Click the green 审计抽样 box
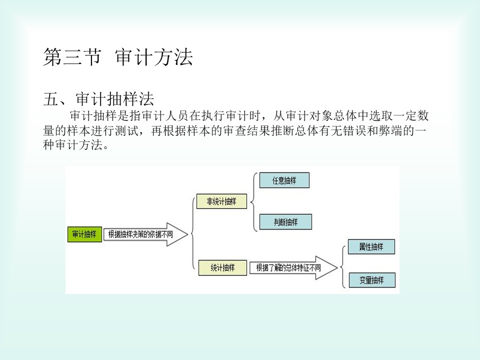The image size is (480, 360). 85,234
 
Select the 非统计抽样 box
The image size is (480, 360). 221,201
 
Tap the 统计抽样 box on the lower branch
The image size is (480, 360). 222,268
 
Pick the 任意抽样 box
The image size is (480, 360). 284,180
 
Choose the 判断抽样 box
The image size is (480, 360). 285,222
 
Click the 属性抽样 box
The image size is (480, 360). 371,246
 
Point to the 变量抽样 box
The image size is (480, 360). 372,280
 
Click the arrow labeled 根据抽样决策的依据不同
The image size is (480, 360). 145,234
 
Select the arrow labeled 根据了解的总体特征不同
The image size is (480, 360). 293,268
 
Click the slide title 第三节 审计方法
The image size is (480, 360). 118,57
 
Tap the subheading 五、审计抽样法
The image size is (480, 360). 98,98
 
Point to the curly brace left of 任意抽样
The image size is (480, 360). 253,201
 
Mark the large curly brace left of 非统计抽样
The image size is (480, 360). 192,234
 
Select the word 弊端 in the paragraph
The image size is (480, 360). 390,130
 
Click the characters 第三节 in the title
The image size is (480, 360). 72,57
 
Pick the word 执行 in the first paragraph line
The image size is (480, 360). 213,115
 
